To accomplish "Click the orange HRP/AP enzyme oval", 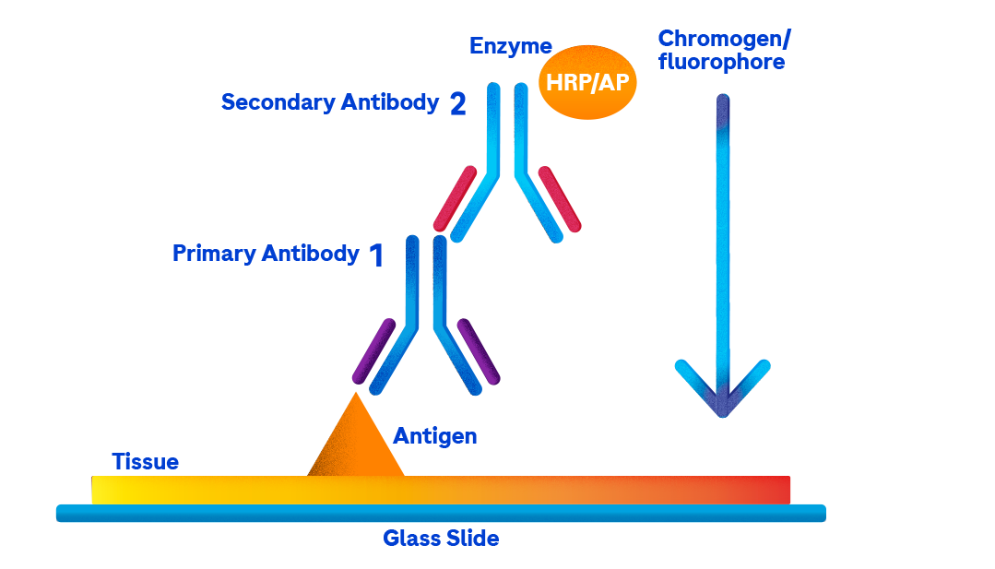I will (586, 81).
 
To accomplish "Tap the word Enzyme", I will (510, 46).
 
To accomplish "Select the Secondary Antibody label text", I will (329, 102).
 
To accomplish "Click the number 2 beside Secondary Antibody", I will (457, 104).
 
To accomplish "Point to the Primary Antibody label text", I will (265, 254).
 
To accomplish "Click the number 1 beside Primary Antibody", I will (375, 255).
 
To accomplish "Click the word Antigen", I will (435, 436).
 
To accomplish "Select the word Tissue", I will (145, 461).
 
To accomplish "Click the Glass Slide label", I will (441, 539).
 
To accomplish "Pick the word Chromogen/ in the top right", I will (724, 40).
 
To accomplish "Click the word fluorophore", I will (721, 63).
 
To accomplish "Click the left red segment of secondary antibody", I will (456, 197).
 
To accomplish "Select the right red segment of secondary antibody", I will (560, 197).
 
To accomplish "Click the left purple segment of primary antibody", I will (374, 350).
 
